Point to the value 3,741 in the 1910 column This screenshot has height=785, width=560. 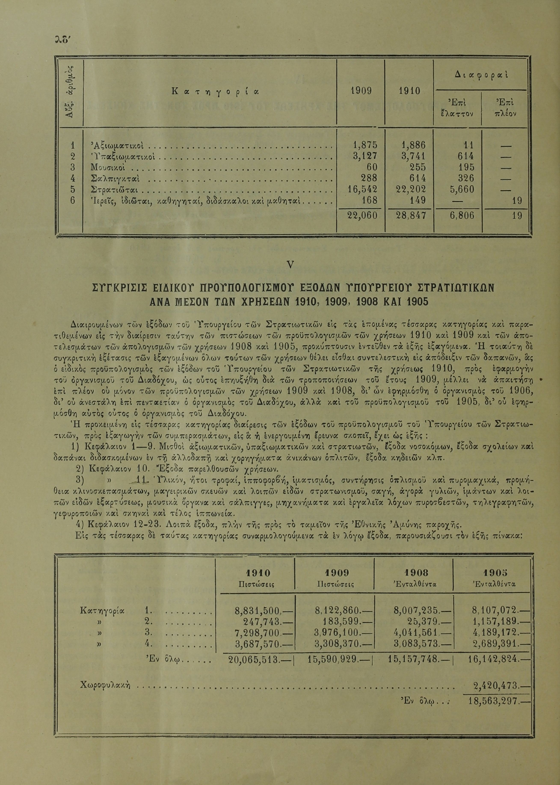(x=410, y=156)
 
